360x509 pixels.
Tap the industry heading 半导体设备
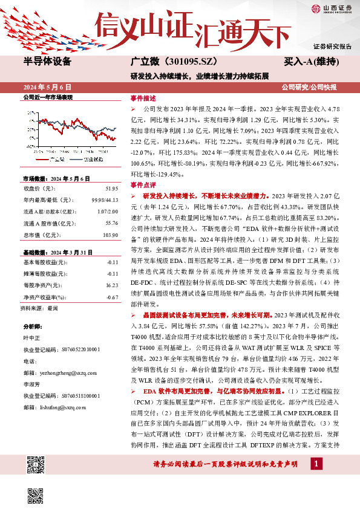47,62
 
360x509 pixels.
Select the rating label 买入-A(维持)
311,62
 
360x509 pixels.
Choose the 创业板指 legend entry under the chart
92,159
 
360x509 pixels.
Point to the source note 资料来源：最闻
39,308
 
